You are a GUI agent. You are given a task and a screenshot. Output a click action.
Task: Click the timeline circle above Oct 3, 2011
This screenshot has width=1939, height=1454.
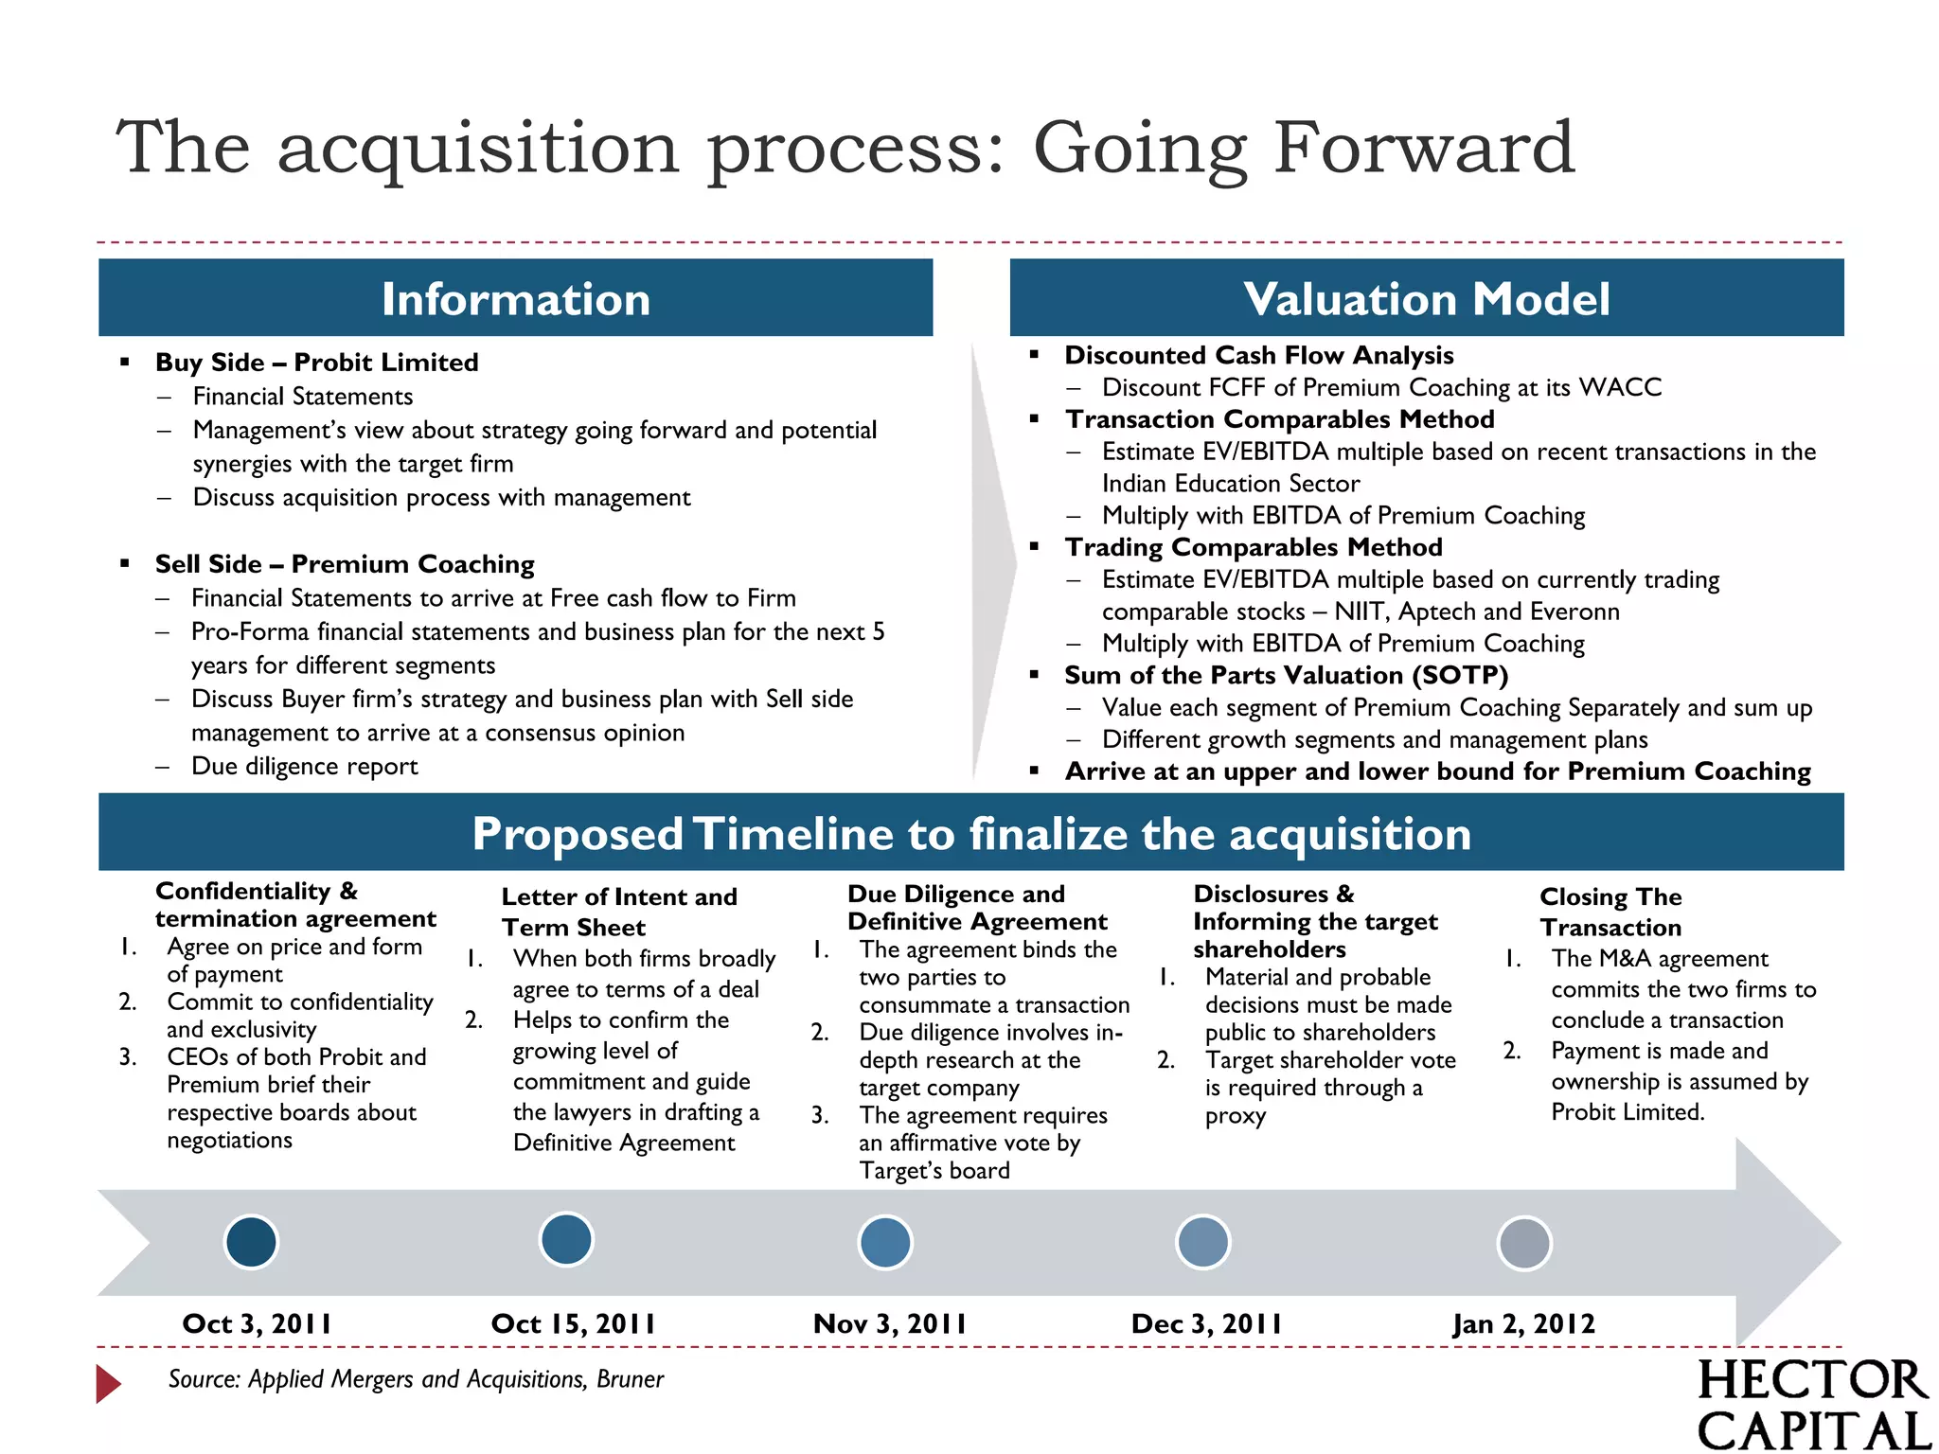click(251, 1241)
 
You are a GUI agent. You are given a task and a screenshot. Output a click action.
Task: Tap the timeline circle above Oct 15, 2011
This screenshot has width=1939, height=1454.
click(566, 1239)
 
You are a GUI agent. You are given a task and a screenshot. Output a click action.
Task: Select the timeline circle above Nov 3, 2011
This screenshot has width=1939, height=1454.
click(885, 1242)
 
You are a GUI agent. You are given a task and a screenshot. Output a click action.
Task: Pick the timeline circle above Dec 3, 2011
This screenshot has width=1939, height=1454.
click(1202, 1242)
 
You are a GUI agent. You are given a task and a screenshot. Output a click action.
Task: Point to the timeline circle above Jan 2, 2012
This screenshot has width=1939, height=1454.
click(1524, 1243)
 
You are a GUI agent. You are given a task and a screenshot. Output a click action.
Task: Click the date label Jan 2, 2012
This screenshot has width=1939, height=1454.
click(1524, 1323)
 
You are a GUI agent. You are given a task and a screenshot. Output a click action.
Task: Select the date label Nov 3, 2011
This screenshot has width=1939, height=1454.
click(890, 1323)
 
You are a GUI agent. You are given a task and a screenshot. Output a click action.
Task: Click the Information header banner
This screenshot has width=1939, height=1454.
click(516, 298)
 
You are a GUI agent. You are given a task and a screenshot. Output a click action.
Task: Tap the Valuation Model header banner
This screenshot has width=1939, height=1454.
click(1427, 298)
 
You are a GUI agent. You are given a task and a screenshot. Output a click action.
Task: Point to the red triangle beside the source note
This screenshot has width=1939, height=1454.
click(108, 1383)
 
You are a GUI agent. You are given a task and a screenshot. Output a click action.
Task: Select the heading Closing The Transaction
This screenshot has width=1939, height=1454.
click(1610, 912)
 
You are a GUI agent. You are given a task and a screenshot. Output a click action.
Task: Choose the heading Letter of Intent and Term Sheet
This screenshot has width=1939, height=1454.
click(619, 912)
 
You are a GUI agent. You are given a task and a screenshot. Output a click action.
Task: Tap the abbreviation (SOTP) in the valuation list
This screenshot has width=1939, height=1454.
click(1459, 675)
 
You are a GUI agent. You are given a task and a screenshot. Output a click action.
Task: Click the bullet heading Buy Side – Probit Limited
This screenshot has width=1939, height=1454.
click(317, 363)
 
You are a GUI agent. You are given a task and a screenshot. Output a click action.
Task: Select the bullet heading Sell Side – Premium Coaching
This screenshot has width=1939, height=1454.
click(345, 564)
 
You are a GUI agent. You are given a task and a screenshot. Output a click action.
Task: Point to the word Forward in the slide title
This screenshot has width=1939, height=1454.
click(1424, 148)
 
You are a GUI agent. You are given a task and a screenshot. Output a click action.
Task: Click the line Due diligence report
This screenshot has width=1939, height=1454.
click(304, 766)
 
